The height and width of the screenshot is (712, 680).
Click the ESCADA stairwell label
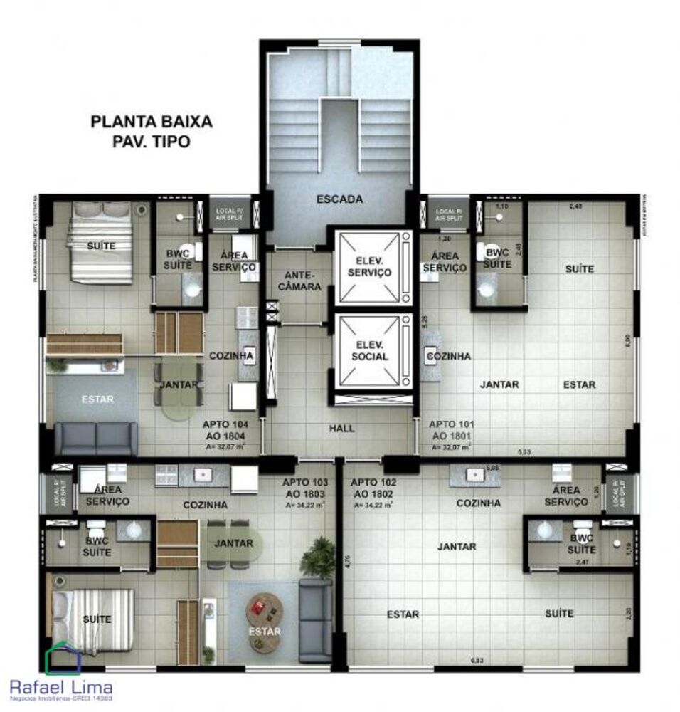click(x=339, y=200)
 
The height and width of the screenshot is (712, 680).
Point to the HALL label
click(x=341, y=429)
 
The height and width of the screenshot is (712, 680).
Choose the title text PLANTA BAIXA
click(x=152, y=122)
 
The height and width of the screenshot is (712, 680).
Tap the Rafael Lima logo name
click(x=60, y=686)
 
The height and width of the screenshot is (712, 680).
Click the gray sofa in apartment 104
click(x=97, y=438)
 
